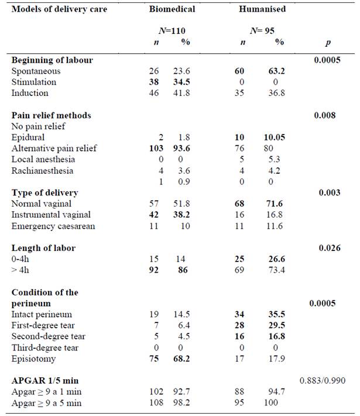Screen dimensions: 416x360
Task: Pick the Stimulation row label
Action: click(33, 82)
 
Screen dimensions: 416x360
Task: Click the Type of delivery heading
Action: click(44, 192)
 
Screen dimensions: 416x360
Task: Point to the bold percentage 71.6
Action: click(280, 204)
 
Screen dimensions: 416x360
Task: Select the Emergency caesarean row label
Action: click(48, 226)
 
